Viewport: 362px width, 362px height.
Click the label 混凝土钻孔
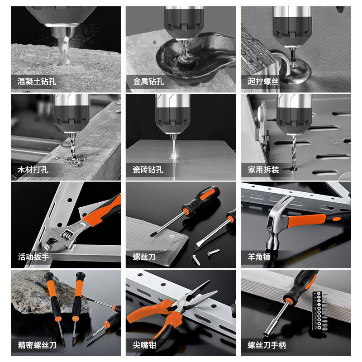pyautogui.click(x=37, y=82)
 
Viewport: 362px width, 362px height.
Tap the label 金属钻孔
pyautogui.click(x=148, y=82)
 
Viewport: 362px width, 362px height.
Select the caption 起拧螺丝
pyautogui.click(x=263, y=82)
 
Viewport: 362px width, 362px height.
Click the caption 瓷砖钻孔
pyautogui.click(x=148, y=170)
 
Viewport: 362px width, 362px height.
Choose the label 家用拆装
pyautogui.click(x=263, y=170)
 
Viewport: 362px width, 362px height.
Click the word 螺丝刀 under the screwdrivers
pyautogui.click(x=144, y=257)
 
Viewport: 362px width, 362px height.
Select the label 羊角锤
pyautogui.click(x=259, y=257)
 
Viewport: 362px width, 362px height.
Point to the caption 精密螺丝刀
pyautogui.click(x=37, y=345)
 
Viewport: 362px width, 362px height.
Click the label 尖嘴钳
pyautogui.click(x=144, y=345)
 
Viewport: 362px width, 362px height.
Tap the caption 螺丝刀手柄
pyautogui.click(x=267, y=345)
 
